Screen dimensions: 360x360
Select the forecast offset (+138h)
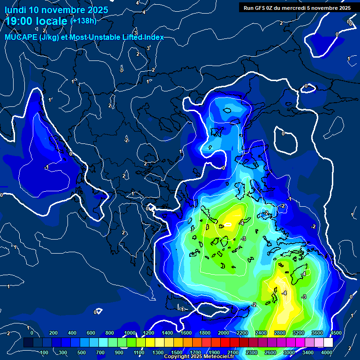click(x=83, y=21)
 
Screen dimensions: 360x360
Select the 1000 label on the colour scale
click(x=129, y=333)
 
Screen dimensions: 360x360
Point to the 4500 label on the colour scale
click(x=336, y=333)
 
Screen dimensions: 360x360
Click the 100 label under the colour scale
click(x=45, y=352)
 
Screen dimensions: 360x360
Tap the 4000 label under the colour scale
click(x=327, y=352)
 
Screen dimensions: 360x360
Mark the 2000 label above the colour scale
click(x=224, y=333)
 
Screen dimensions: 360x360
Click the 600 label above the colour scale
click(x=91, y=333)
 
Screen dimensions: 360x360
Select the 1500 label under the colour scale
click(x=177, y=352)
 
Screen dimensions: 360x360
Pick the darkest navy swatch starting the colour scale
click(x=28, y=343)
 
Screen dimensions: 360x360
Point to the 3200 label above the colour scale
click(x=299, y=333)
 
